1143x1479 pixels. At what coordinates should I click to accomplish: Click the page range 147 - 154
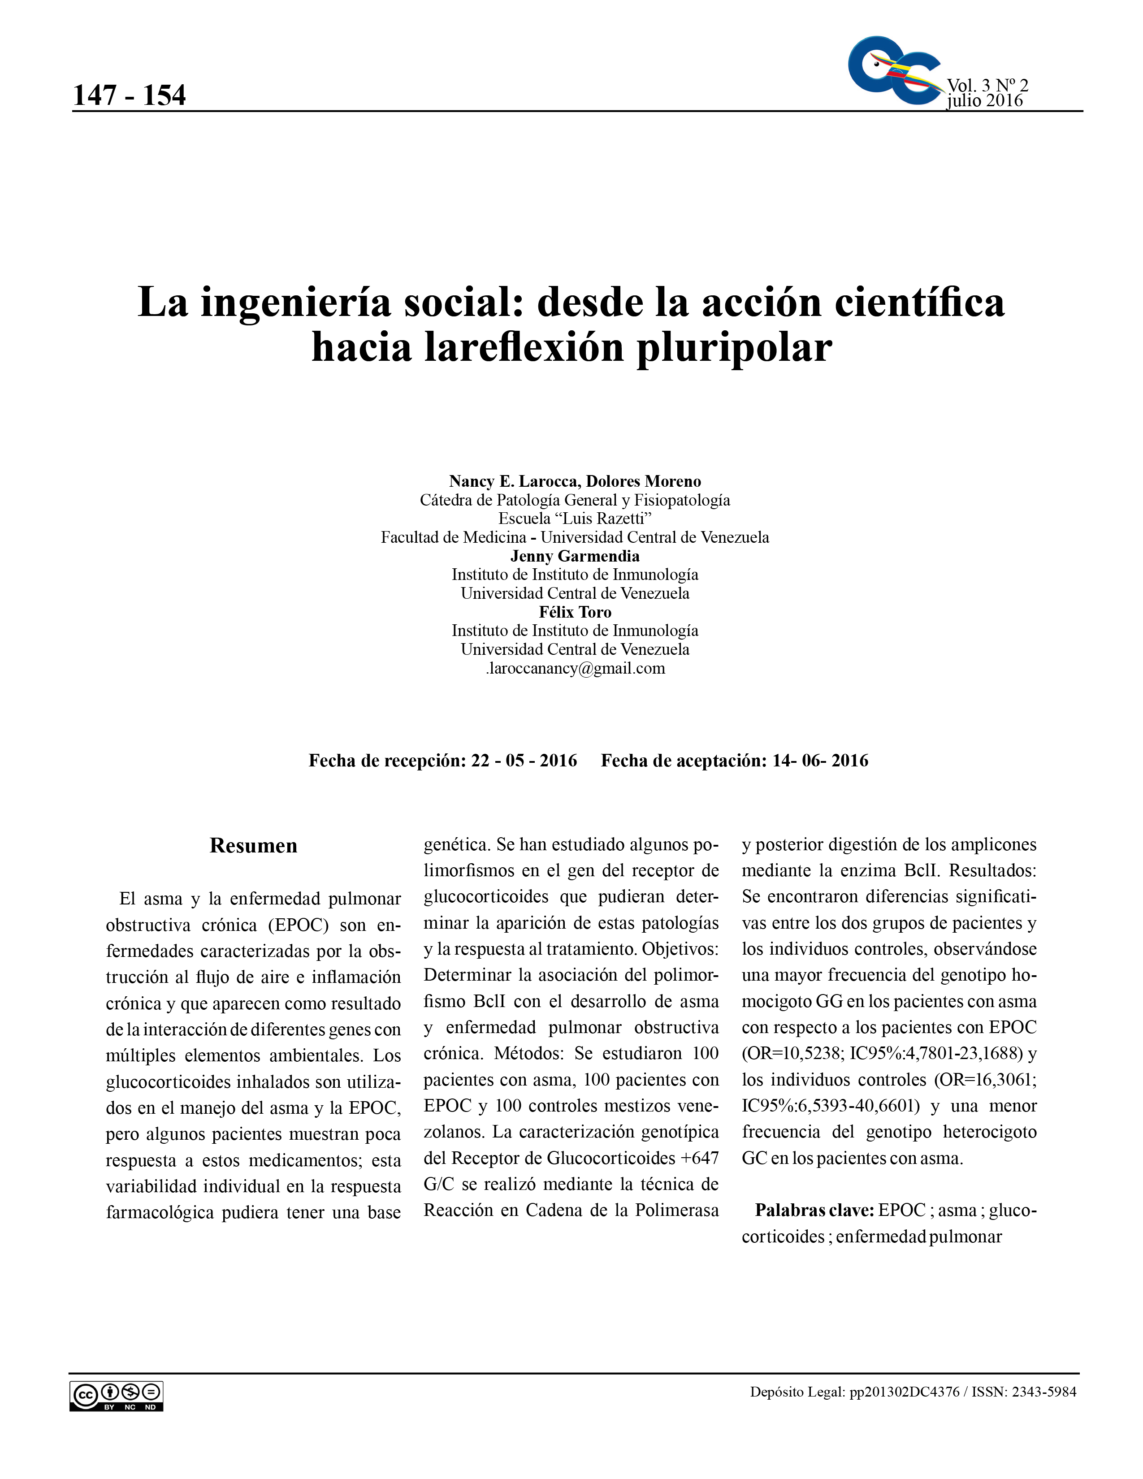(x=129, y=95)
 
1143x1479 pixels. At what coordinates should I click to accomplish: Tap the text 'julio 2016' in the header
(x=985, y=100)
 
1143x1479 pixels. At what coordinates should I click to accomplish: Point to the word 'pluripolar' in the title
(x=734, y=348)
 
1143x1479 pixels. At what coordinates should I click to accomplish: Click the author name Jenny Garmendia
(x=575, y=556)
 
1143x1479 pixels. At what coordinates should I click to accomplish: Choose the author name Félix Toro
(x=575, y=612)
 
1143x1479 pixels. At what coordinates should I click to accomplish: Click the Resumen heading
(x=253, y=845)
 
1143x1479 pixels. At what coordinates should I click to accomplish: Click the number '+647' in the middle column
(x=700, y=1158)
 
